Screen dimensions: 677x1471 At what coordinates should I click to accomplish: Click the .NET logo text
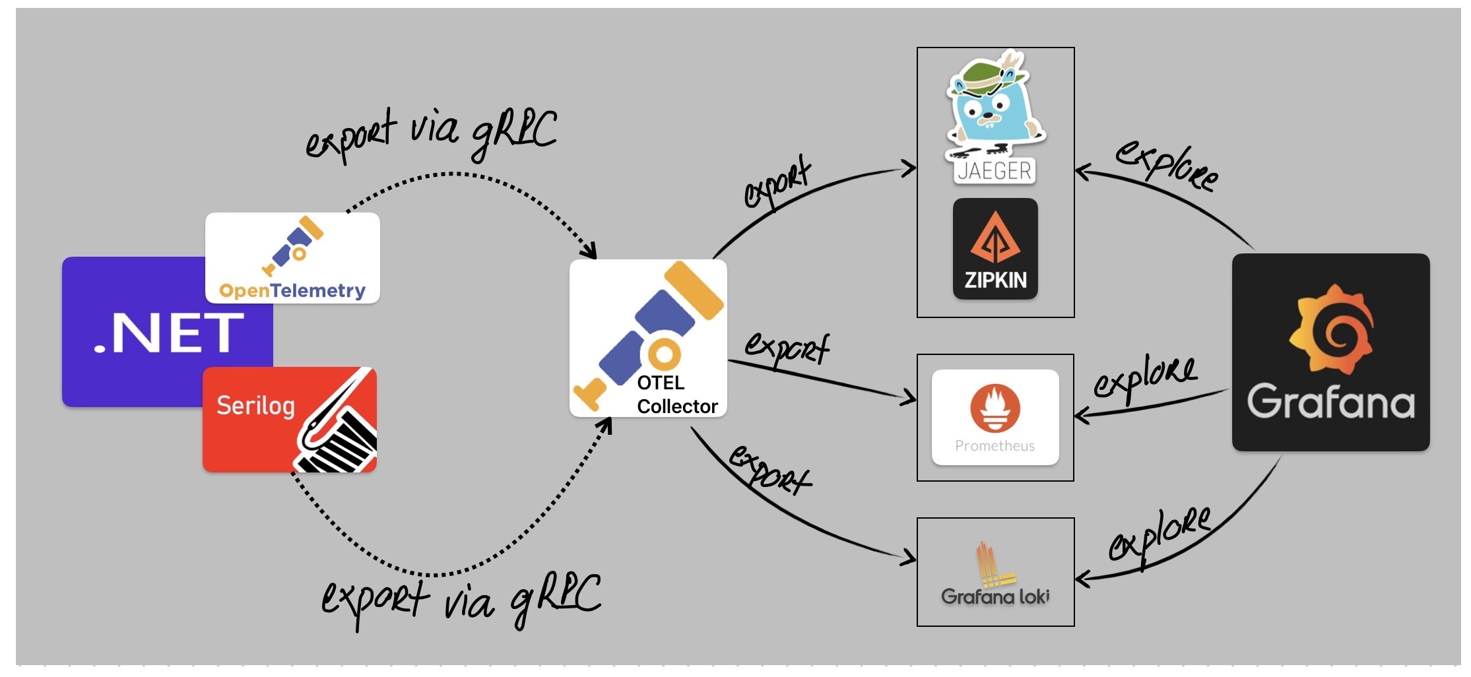pyautogui.click(x=169, y=333)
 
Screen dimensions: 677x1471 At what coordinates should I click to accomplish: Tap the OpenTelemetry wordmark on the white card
pyautogui.click(x=292, y=290)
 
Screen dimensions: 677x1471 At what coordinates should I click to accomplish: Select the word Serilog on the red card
pyautogui.click(x=255, y=405)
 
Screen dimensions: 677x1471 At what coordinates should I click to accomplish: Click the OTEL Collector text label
pyautogui.click(x=676, y=395)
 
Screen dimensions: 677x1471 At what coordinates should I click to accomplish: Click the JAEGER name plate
pyautogui.click(x=995, y=172)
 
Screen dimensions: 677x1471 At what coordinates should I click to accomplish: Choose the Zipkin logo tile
pyautogui.click(x=995, y=249)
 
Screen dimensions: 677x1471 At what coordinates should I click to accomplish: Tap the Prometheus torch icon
pyautogui.click(x=995, y=408)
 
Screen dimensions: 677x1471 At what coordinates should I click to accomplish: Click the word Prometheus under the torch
pyautogui.click(x=995, y=446)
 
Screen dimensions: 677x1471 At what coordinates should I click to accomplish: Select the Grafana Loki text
pyautogui.click(x=995, y=596)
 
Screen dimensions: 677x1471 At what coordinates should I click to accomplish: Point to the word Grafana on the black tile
pyautogui.click(x=1330, y=401)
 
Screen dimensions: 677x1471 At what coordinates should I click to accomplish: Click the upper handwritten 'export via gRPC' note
pyautogui.click(x=432, y=134)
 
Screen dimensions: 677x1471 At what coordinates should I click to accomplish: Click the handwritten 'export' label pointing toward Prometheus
pyautogui.click(x=787, y=347)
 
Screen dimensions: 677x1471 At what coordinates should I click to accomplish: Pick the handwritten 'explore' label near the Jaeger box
pyautogui.click(x=1167, y=165)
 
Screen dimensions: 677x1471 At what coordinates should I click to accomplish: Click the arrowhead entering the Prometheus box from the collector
pyautogui.click(x=911, y=397)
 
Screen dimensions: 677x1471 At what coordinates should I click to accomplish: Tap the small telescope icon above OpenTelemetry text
pyautogui.click(x=293, y=244)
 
